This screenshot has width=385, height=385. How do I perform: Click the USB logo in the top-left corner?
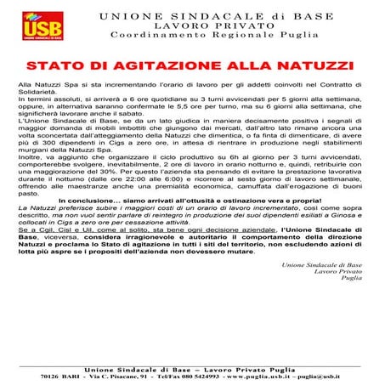pos(33,25)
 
